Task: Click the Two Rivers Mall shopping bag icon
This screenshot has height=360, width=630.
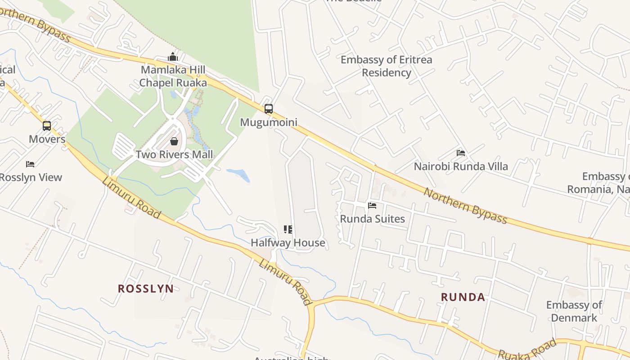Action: click(174, 141)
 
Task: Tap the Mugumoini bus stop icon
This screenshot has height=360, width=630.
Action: click(269, 109)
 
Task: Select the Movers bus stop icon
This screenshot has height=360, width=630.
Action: click(47, 126)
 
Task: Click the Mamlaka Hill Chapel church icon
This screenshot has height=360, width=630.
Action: click(173, 57)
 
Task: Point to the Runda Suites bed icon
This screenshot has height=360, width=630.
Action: click(372, 206)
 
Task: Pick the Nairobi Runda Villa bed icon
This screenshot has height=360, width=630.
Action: click(461, 153)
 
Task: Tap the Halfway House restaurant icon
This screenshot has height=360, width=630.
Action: click(288, 229)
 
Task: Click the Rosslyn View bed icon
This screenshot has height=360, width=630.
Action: click(30, 164)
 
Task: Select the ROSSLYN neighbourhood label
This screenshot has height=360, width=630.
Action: click(146, 289)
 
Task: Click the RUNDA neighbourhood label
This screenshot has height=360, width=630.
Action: click(463, 297)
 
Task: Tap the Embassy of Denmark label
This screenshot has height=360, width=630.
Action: click(574, 311)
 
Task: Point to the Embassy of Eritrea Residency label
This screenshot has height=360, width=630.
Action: click(386, 66)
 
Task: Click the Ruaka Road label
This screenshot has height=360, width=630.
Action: click(527, 349)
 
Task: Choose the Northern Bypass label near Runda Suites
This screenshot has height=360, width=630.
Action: click(466, 206)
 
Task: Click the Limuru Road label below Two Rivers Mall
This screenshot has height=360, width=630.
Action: click(131, 198)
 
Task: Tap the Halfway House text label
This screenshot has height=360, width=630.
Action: click(288, 243)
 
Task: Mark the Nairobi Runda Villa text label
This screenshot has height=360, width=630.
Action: click(461, 166)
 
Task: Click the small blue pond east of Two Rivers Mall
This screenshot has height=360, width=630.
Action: click(238, 175)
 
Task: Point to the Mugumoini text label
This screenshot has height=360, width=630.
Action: click(269, 122)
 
